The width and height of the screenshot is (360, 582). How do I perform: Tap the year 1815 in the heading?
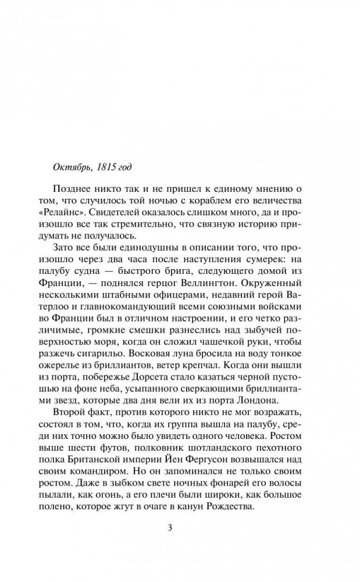tap(105, 167)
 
